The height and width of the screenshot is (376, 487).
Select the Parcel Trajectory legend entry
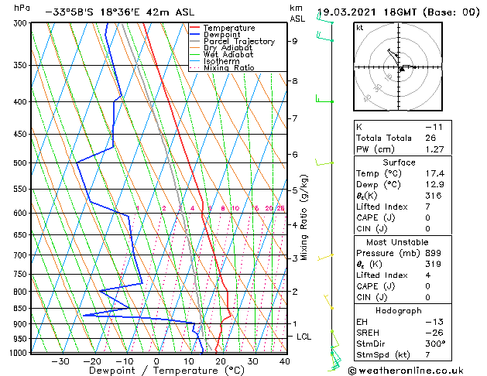pyautogui.click(x=238, y=41)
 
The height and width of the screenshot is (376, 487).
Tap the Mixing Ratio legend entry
pyautogui.click(x=229, y=68)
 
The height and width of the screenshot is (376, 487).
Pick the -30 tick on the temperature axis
pyautogui.click(x=60, y=361)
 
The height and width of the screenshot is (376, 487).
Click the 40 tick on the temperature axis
pyautogui.click(x=285, y=361)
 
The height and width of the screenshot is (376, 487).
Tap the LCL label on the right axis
pyautogui.click(x=304, y=337)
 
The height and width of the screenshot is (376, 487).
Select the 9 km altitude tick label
pyautogui.click(x=294, y=41)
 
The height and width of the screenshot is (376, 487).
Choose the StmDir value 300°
pyautogui.click(x=435, y=344)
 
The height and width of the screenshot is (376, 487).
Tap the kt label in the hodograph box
pyautogui.click(x=360, y=28)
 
